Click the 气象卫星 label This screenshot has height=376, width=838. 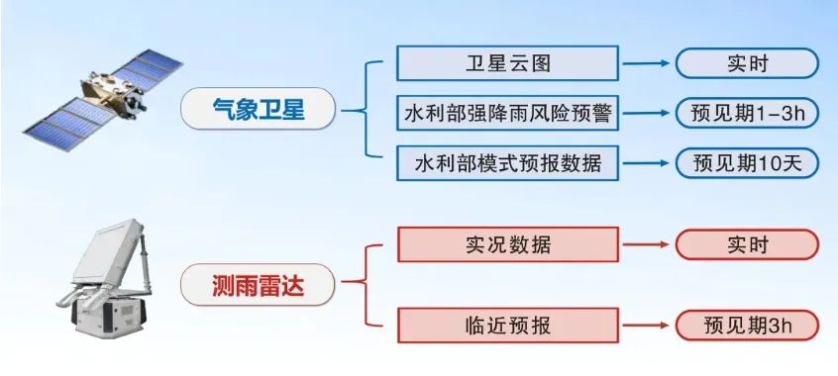click(x=259, y=109)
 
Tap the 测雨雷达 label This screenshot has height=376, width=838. click(x=258, y=285)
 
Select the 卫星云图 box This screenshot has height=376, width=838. click(x=507, y=63)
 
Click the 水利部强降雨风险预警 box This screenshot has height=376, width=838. click(x=507, y=113)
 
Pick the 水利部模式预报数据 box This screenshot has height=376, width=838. click(x=507, y=163)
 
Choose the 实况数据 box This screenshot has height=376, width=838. click(x=508, y=244)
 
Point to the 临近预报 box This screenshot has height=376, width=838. click(x=508, y=326)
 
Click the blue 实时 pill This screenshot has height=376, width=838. click(x=747, y=63)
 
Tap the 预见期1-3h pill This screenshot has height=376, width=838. click(x=747, y=113)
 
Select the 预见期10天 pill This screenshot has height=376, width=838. click(x=747, y=163)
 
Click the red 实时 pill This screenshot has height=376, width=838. click(x=747, y=244)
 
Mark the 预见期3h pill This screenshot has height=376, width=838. click(x=747, y=326)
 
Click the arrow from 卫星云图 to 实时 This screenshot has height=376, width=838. click(x=646, y=63)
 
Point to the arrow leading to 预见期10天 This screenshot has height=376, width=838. click(x=646, y=163)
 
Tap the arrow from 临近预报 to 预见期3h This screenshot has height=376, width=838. click(x=646, y=326)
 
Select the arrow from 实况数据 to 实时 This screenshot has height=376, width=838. click(x=646, y=244)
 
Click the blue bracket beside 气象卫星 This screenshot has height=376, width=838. click(x=367, y=111)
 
